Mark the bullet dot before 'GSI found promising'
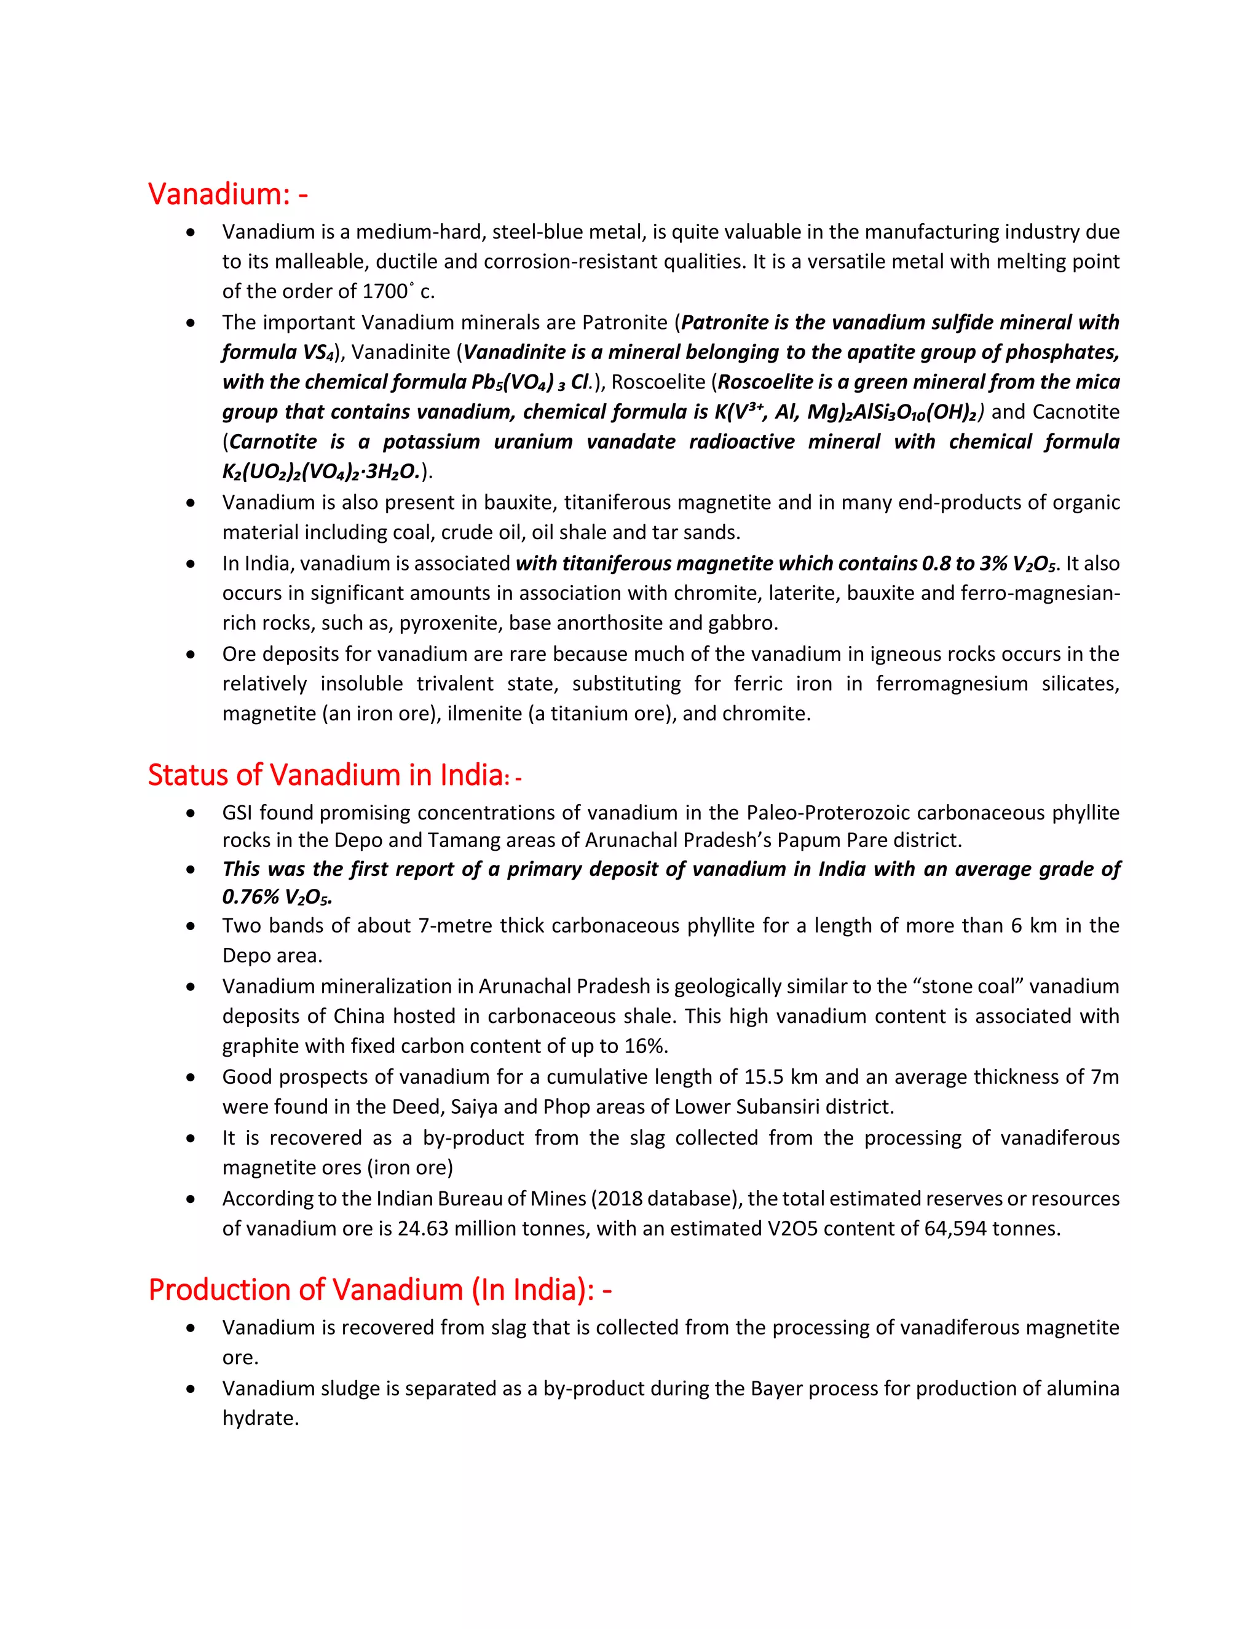coord(192,813)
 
